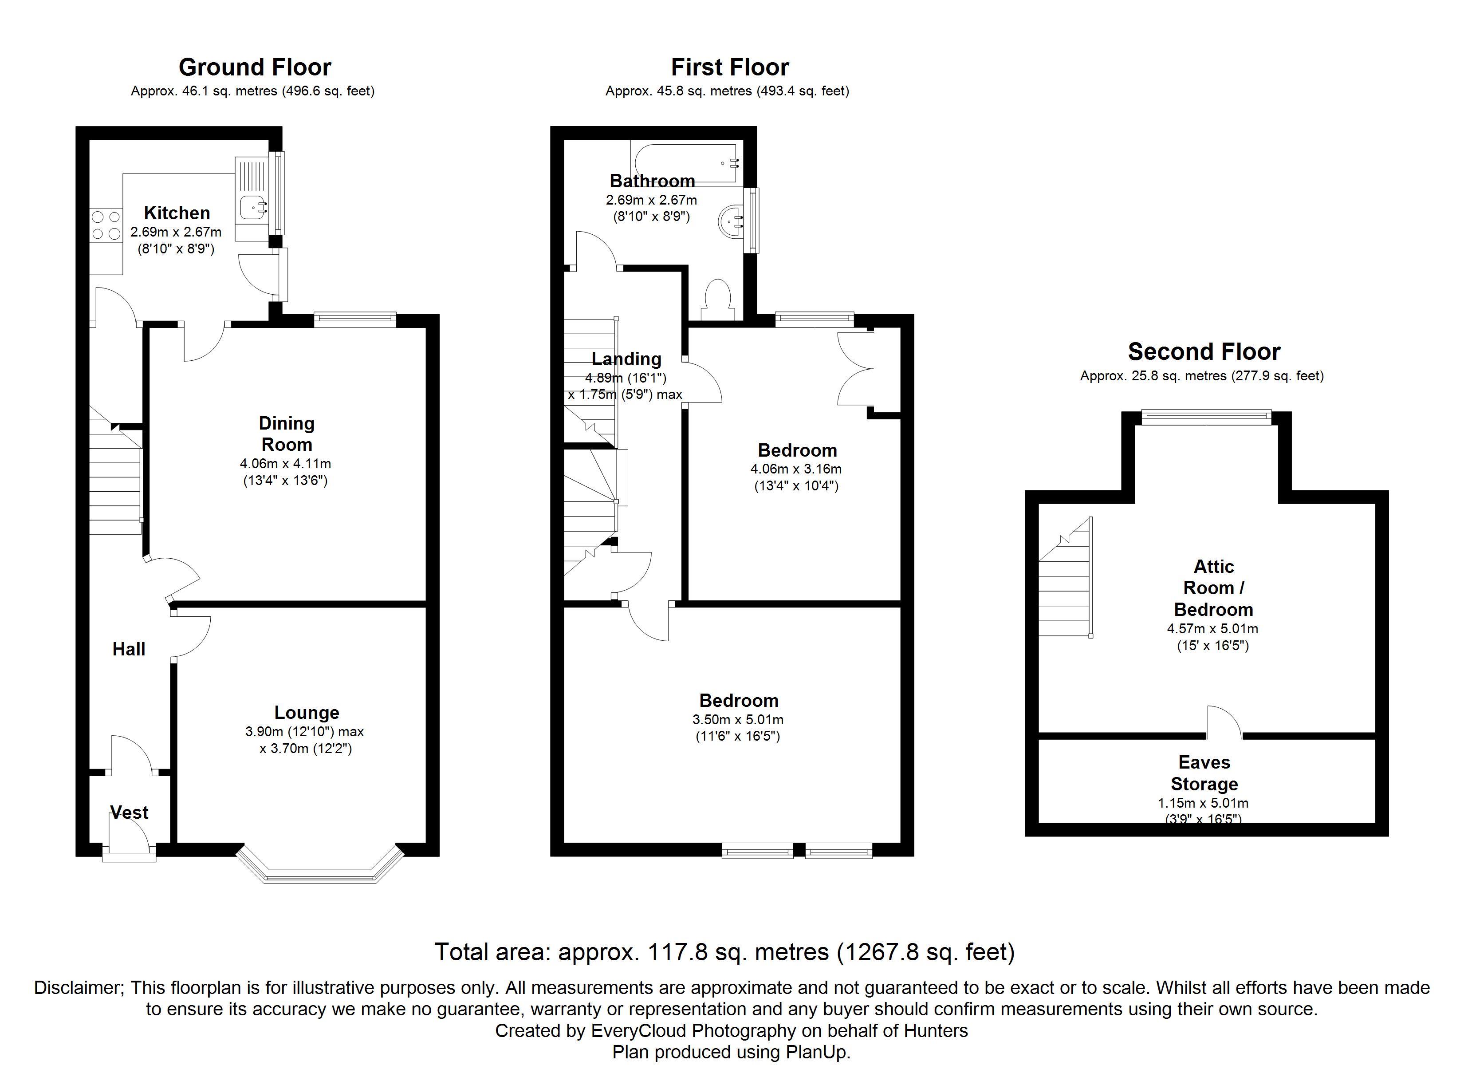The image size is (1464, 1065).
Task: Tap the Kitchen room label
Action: point(177,213)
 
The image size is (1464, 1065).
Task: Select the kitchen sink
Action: point(254,207)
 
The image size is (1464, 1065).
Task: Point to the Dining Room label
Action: point(286,434)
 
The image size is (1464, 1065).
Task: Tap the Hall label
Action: point(129,649)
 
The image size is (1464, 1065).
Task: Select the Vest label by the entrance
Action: point(129,813)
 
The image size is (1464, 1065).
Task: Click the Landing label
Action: point(626,359)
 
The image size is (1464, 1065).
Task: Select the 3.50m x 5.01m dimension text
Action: point(738,719)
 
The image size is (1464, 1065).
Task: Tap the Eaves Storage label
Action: point(1204,773)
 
